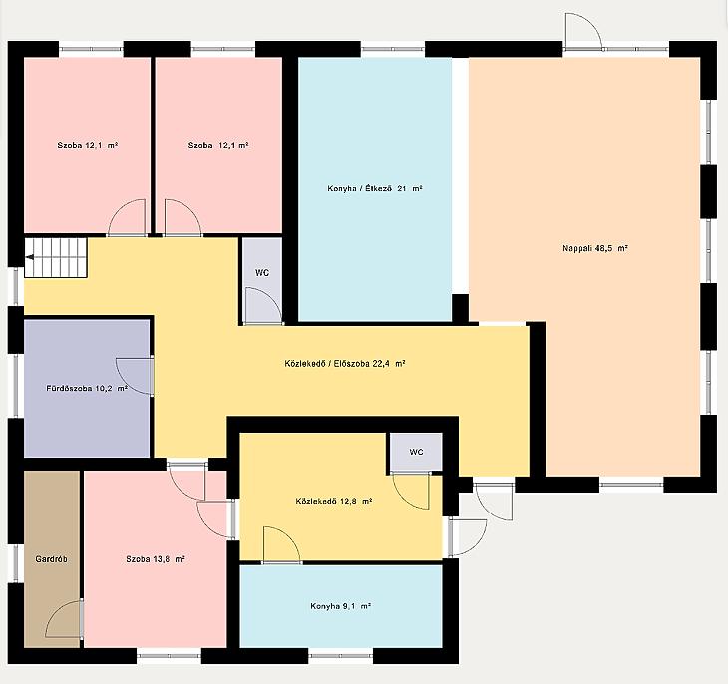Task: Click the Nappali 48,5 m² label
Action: point(595,248)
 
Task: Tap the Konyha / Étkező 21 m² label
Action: point(375,189)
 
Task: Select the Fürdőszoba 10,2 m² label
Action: point(87,388)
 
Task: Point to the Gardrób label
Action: point(51,559)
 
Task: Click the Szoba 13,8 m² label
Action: point(156,559)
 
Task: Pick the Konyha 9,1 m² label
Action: point(340,606)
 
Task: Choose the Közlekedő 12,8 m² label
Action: point(334,502)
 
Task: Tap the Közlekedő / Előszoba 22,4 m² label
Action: point(345,364)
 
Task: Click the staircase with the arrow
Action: point(56,257)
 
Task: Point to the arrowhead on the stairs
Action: point(29,257)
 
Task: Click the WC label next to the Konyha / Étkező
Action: point(262,273)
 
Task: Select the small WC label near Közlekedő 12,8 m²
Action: point(416,452)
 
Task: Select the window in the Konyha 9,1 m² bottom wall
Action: point(341,656)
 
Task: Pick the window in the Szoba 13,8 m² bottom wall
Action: point(170,656)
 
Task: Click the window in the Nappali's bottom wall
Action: point(631,485)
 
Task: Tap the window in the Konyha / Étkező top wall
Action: point(393,49)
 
